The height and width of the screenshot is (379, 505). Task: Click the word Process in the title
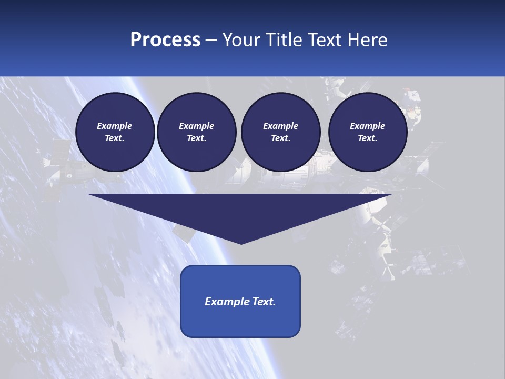click(165, 40)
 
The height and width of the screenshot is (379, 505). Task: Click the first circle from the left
click(115, 132)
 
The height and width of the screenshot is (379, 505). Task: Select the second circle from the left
click(197, 132)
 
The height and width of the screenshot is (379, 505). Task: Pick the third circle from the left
click(281, 132)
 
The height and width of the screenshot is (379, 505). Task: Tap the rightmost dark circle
click(368, 132)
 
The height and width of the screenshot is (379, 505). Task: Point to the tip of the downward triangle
click(241, 243)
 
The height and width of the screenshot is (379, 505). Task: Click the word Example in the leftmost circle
click(115, 126)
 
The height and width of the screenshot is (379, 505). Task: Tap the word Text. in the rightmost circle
click(368, 138)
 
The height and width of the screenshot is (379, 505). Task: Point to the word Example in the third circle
click(281, 126)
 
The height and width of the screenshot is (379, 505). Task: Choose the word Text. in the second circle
click(197, 138)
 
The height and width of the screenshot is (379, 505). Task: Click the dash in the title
click(211, 41)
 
